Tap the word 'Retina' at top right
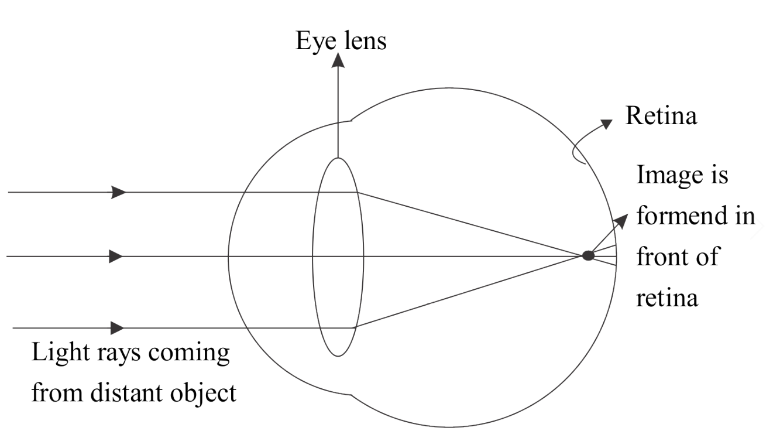(661, 116)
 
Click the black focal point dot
(588, 255)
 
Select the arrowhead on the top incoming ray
(119, 192)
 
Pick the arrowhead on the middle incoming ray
(116, 257)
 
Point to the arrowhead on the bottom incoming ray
(117, 327)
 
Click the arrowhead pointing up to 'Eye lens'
(338, 61)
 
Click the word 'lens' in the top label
(364, 42)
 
